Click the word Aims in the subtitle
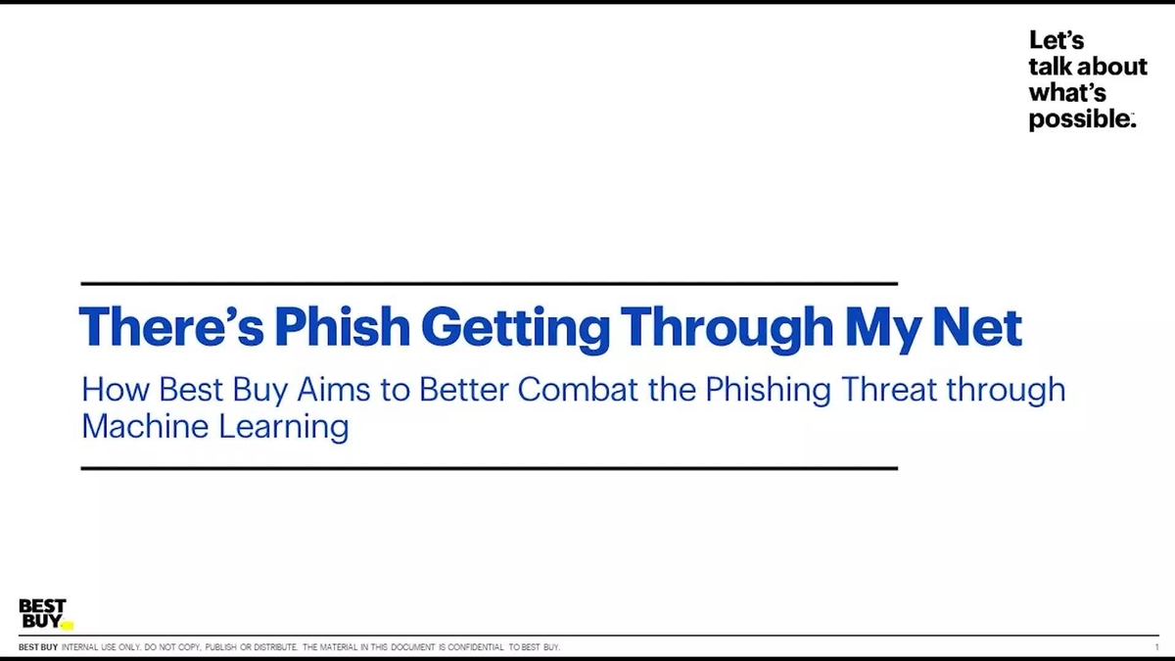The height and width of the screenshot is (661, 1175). pyautogui.click(x=327, y=390)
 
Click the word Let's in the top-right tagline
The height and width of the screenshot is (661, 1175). pyautogui.click(x=1057, y=41)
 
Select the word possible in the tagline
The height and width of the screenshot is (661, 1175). pyautogui.click(x=1079, y=119)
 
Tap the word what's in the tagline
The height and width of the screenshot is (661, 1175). pyautogui.click(x=1066, y=93)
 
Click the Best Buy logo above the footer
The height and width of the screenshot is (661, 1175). pyautogui.click(x=43, y=614)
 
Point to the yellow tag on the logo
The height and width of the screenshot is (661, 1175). pyautogui.click(x=67, y=625)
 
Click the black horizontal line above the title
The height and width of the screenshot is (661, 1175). pyautogui.click(x=489, y=283)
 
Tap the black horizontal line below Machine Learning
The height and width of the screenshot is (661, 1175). pyautogui.click(x=489, y=468)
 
